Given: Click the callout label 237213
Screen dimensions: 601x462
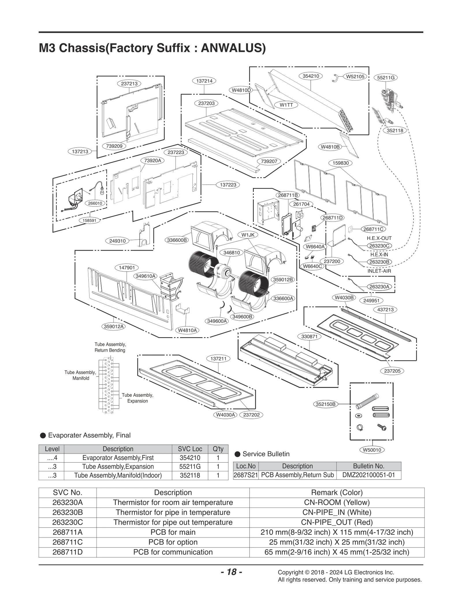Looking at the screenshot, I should (x=129, y=84).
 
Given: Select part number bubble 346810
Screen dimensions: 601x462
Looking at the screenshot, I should (x=232, y=253).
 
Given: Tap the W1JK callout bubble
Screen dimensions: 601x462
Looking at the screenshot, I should (x=248, y=235).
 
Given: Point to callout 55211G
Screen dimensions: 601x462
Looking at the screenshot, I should (x=385, y=78).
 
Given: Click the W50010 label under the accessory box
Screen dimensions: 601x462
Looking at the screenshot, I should (x=372, y=450).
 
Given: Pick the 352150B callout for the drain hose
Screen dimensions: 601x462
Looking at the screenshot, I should (x=325, y=404).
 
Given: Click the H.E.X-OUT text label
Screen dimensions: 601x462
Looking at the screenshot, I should (x=379, y=238).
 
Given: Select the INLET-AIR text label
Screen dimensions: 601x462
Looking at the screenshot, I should (x=379, y=271).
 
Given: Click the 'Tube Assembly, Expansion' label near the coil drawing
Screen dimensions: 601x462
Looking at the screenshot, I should (x=137, y=398).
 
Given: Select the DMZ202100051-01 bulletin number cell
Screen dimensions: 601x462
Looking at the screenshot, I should (x=368, y=475).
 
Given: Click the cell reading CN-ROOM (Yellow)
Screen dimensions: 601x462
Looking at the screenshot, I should (x=337, y=502).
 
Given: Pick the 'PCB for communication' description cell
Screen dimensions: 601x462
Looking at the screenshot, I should (x=173, y=552).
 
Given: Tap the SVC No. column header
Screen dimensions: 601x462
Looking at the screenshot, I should (x=68, y=492).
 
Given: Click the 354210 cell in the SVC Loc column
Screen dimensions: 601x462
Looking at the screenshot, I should (x=190, y=458).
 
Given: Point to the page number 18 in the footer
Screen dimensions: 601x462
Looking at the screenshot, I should (x=231, y=572).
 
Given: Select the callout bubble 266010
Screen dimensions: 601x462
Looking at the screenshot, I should (x=95, y=203).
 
